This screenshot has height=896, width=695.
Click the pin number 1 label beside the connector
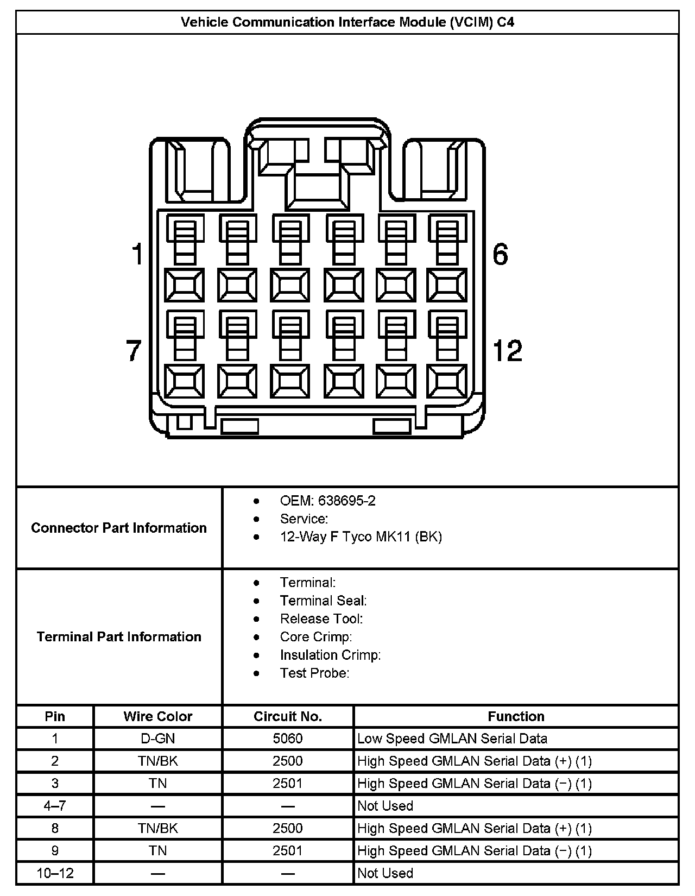tap(137, 254)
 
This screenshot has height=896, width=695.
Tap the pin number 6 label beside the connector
tap(500, 254)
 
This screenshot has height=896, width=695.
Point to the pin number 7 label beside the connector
tap(134, 350)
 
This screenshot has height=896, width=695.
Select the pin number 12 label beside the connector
tap(507, 350)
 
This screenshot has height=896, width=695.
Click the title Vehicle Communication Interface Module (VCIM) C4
tap(347, 22)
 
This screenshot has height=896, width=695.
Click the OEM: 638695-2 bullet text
tap(327, 501)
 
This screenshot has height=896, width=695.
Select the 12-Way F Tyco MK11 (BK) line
tap(361, 537)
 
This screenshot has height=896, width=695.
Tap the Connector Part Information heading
tap(119, 528)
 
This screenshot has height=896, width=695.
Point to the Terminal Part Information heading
tap(119, 636)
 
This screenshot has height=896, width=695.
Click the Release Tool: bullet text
tap(321, 619)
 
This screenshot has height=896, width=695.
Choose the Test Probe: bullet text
tap(314, 673)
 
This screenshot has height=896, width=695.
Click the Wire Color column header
tap(158, 716)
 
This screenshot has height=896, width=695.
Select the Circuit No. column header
tap(288, 716)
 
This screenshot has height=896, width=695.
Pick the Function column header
tap(516, 716)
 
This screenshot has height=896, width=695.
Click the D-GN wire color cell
tap(158, 739)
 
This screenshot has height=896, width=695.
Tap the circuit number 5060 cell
tap(288, 739)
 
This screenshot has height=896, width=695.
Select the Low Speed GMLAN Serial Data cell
tap(452, 739)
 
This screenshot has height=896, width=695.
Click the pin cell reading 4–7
tap(55, 806)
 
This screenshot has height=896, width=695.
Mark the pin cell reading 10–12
tap(55, 873)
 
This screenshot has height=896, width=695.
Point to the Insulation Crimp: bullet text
tap(330, 655)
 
